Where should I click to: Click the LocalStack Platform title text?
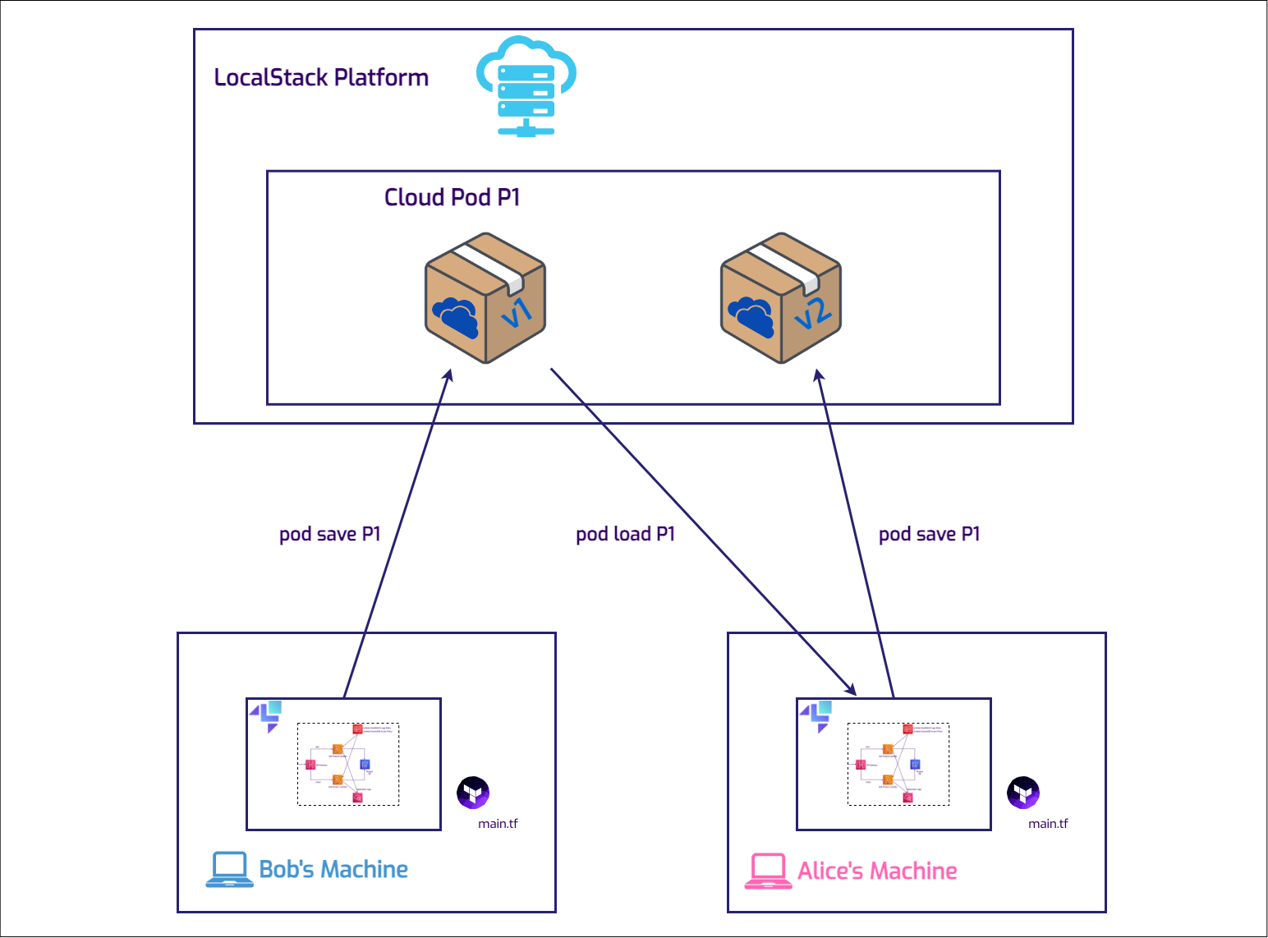[x=321, y=77]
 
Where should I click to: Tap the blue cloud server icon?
[x=526, y=85]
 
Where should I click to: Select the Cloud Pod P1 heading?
[x=452, y=197]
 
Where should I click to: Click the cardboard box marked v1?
[x=485, y=297]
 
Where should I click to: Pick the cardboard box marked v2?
[x=781, y=297]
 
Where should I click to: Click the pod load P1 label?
[x=625, y=534]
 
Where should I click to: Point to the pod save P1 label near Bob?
[x=329, y=534]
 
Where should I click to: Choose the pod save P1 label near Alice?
[x=929, y=534]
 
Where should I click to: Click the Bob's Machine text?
[x=333, y=869]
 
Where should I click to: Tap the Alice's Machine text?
[x=877, y=871]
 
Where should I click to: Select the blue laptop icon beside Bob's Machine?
[x=229, y=869]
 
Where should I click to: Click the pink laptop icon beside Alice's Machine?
[x=768, y=871]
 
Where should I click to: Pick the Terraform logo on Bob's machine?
[x=473, y=793]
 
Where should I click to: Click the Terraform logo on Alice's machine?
[x=1023, y=793]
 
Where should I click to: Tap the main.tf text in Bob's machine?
[x=498, y=824]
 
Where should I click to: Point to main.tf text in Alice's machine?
[x=1048, y=824]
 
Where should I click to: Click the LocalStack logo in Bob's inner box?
[x=266, y=715]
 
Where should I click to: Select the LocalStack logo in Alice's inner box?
[x=816, y=715]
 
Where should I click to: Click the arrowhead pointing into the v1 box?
[x=448, y=375]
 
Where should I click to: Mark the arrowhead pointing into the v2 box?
[x=818, y=375]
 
